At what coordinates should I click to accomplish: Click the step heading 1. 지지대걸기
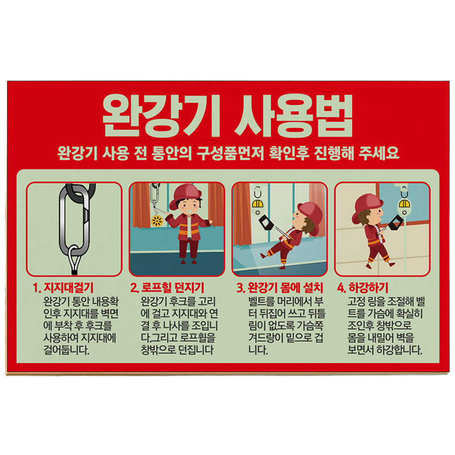[63, 288]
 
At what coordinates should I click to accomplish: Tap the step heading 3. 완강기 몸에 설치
[279, 288]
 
